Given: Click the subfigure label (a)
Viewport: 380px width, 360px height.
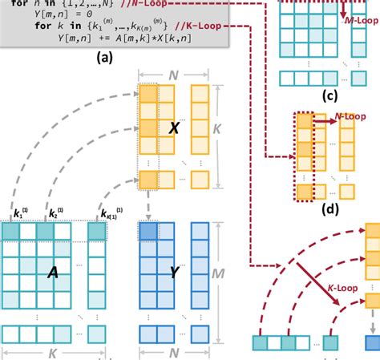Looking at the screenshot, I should [x=104, y=58].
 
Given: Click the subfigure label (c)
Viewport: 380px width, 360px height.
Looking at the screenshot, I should [x=329, y=98].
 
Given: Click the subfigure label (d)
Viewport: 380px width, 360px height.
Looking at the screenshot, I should [x=327, y=211].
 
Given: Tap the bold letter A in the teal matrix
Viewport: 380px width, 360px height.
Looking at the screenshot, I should [x=53, y=273].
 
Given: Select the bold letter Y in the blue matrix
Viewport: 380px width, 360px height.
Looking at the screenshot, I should [x=174, y=273].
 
